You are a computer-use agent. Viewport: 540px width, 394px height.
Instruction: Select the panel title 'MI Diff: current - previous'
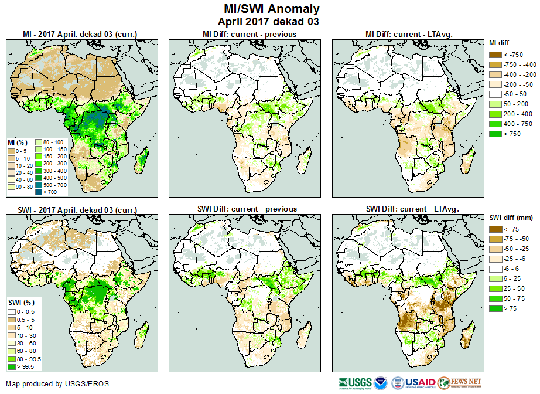[x=249, y=34]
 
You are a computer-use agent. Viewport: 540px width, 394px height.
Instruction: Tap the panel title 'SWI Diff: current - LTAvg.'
[x=412, y=209]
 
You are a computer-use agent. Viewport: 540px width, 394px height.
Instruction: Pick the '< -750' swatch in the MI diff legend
[x=495, y=55]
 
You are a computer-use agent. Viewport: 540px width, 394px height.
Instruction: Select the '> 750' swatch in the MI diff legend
[x=495, y=134]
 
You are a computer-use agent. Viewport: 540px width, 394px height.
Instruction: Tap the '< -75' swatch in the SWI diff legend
[x=495, y=229]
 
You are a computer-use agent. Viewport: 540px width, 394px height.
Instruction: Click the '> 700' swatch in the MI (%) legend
[x=39, y=191]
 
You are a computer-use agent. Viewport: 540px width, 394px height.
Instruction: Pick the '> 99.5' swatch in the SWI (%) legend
[x=11, y=366]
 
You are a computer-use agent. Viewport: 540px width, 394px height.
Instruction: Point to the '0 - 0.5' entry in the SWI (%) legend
[x=27, y=311]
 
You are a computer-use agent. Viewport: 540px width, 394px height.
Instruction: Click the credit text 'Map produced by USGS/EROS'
[x=57, y=384]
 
